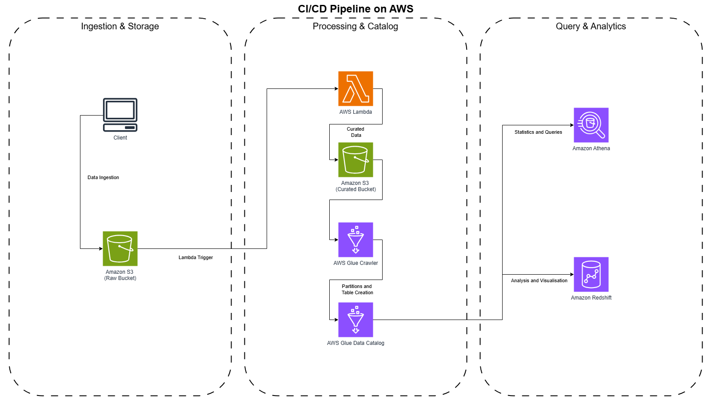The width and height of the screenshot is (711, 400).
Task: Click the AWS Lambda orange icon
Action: tap(355, 88)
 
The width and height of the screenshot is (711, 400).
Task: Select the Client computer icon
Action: tap(120, 115)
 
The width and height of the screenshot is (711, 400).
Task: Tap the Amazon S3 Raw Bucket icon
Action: tap(120, 248)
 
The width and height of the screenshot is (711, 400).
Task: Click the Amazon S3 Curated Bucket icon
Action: tap(355, 160)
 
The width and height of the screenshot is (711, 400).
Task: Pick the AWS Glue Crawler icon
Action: tap(355, 240)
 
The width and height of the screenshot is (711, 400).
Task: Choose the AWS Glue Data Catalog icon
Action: tap(355, 320)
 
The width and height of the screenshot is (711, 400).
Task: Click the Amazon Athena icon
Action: tap(591, 125)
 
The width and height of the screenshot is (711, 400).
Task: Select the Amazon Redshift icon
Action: tap(591, 274)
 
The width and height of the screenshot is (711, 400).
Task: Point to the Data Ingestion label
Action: tap(103, 177)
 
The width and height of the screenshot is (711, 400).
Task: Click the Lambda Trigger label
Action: tap(196, 257)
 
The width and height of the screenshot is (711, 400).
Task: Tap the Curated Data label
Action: tap(355, 132)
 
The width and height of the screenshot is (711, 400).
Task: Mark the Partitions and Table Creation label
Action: tap(357, 289)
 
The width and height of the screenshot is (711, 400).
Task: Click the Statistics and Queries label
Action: tap(538, 132)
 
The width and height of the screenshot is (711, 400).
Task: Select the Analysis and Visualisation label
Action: tap(539, 280)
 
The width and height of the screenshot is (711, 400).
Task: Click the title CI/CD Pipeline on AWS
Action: tap(355, 9)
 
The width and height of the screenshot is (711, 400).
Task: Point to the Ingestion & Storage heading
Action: tap(120, 26)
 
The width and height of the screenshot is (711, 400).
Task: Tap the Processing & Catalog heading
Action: tap(355, 26)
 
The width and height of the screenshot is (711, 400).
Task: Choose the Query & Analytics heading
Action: tap(591, 26)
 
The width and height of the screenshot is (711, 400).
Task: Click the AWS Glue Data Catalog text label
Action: tap(355, 343)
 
